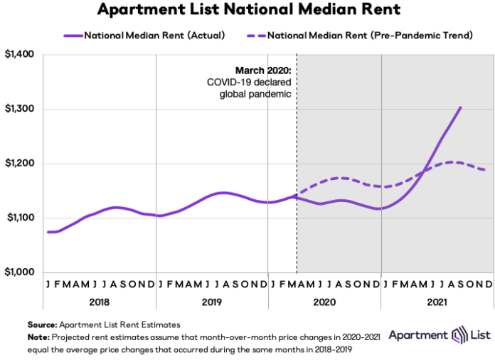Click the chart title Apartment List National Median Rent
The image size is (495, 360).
point(247,10)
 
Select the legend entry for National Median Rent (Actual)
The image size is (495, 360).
point(145,33)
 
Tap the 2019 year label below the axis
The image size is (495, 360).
point(211,301)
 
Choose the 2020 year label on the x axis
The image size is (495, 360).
point(324,301)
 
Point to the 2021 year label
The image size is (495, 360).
point(437,301)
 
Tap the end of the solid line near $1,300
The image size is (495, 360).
point(461,107)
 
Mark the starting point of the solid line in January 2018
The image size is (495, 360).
point(47,232)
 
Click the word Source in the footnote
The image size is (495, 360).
point(42,324)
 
